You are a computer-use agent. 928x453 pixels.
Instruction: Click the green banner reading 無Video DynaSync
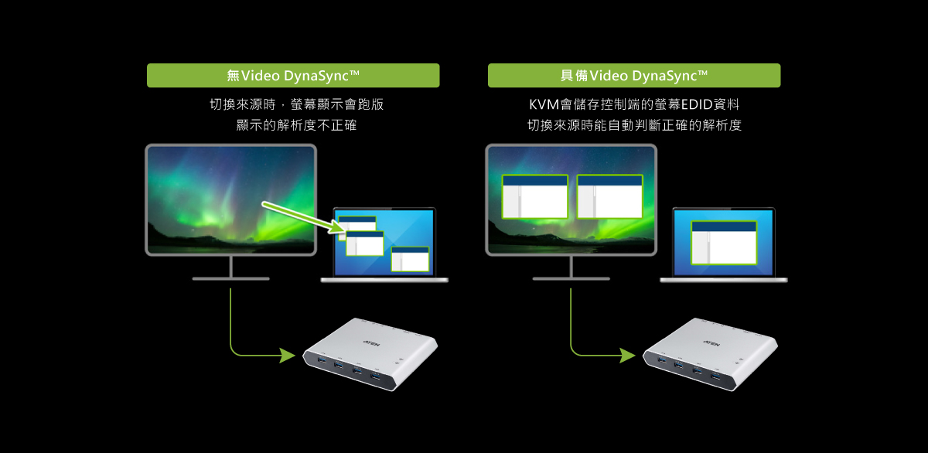pyautogui.click(x=293, y=75)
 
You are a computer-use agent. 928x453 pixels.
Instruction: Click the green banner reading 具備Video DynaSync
pyautogui.click(x=634, y=75)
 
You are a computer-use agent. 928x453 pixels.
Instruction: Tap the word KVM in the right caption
pyautogui.click(x=544, y=104)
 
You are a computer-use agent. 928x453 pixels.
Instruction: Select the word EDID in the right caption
pyautogui.click(x=697, y=104)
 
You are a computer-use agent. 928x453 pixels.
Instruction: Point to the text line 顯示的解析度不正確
pyautogui.click(x=296, y=125)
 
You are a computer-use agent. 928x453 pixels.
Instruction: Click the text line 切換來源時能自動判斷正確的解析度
pyautogui.click(x=634, y=125)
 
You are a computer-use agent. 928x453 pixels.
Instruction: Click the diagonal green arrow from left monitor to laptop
pyautogui.click(x=304, y=216)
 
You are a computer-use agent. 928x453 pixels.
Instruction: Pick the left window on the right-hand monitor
pyautogui.click(x=535, y=196)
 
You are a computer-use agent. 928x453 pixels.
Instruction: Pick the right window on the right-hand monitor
pyautogui.click(x=610, y=196)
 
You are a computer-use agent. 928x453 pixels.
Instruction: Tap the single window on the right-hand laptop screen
pyautogui.click(x=724, y=243)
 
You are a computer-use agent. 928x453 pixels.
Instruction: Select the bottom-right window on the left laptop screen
pyautogui.click(x=410, y=259)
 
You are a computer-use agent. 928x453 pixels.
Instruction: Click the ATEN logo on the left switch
pyautogui.click(x=372, y=343)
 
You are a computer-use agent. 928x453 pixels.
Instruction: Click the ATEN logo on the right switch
pyautogui.click(x=711, y=343)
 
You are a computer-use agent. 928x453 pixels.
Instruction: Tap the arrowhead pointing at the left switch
pyautogui.click(x=287, y=355)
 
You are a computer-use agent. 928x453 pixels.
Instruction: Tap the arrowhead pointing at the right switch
pyautogui.click(x=627, y=355)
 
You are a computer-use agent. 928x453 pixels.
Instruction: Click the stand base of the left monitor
pyautogui.click(x=230, y=278)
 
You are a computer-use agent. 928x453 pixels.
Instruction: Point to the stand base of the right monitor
pyautogui.click(x=571, y=278)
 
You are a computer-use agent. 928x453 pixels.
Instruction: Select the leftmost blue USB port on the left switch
pyautogui.click(x=322, y=359)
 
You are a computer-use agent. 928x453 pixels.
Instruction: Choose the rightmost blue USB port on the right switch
pyautogui.click(x=715, y=376)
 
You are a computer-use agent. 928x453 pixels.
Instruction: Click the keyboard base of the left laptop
pyautogui.click(x=384, y=280)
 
